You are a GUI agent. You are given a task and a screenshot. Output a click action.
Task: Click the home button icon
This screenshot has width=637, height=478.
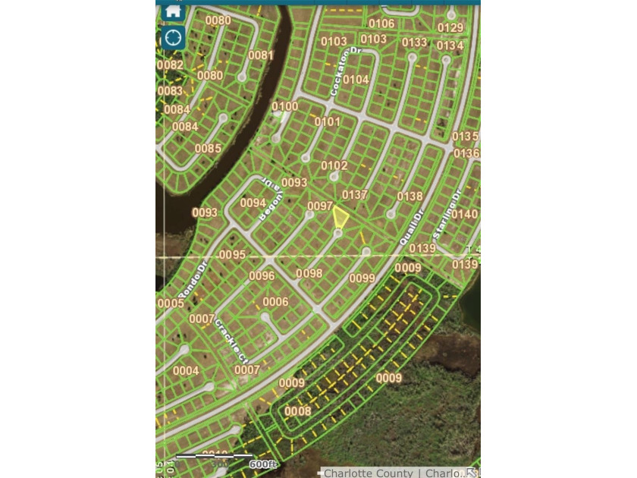pos(173,11)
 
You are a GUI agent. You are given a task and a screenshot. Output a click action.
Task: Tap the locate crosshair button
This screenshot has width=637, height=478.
pos(173,37)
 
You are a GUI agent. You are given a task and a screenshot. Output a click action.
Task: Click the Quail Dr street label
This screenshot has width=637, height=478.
pos(413,228)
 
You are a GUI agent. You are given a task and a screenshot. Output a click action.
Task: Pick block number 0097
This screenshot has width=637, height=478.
pos(320,206)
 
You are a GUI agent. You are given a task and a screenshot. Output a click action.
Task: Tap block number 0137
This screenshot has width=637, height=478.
pos(354,195)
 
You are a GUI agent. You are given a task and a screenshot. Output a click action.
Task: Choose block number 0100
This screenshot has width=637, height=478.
pos(285,107)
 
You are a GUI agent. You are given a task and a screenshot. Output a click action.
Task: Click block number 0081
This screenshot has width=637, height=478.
pos(261,55)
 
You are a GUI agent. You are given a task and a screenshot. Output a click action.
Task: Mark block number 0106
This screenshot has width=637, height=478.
pos(381,24)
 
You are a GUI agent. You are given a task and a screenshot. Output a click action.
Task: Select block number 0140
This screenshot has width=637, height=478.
pos(465,215)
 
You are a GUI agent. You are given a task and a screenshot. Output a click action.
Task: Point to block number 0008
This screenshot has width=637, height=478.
pos(298,411)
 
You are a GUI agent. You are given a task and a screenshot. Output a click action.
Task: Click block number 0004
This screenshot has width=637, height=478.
pos(186,371)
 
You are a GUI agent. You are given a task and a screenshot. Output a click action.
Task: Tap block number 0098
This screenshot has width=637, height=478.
pos(309,273)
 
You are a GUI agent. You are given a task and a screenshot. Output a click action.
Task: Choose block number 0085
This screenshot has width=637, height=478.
pos(208,149)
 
